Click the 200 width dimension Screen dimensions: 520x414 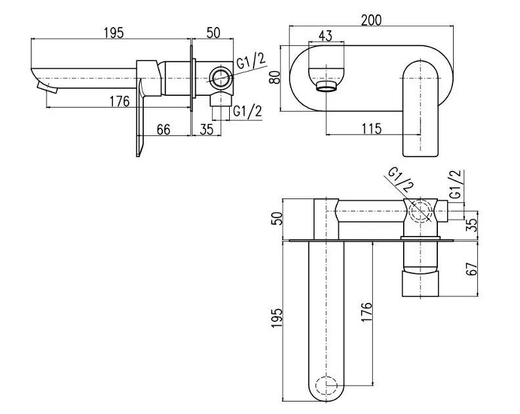tap(371, 20)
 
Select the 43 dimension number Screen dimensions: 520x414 tap(325, 35)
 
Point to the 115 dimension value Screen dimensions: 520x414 tap(372, 128)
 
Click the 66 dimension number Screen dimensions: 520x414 tap(163, 129)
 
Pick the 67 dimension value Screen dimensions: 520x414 tap(471, 268)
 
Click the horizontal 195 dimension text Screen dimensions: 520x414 tap(114, 33)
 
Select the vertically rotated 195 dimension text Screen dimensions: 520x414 tap(276, 318)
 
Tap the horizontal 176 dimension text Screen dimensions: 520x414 tap(119, 101)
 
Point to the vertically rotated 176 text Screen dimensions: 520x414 tap(366, 311)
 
